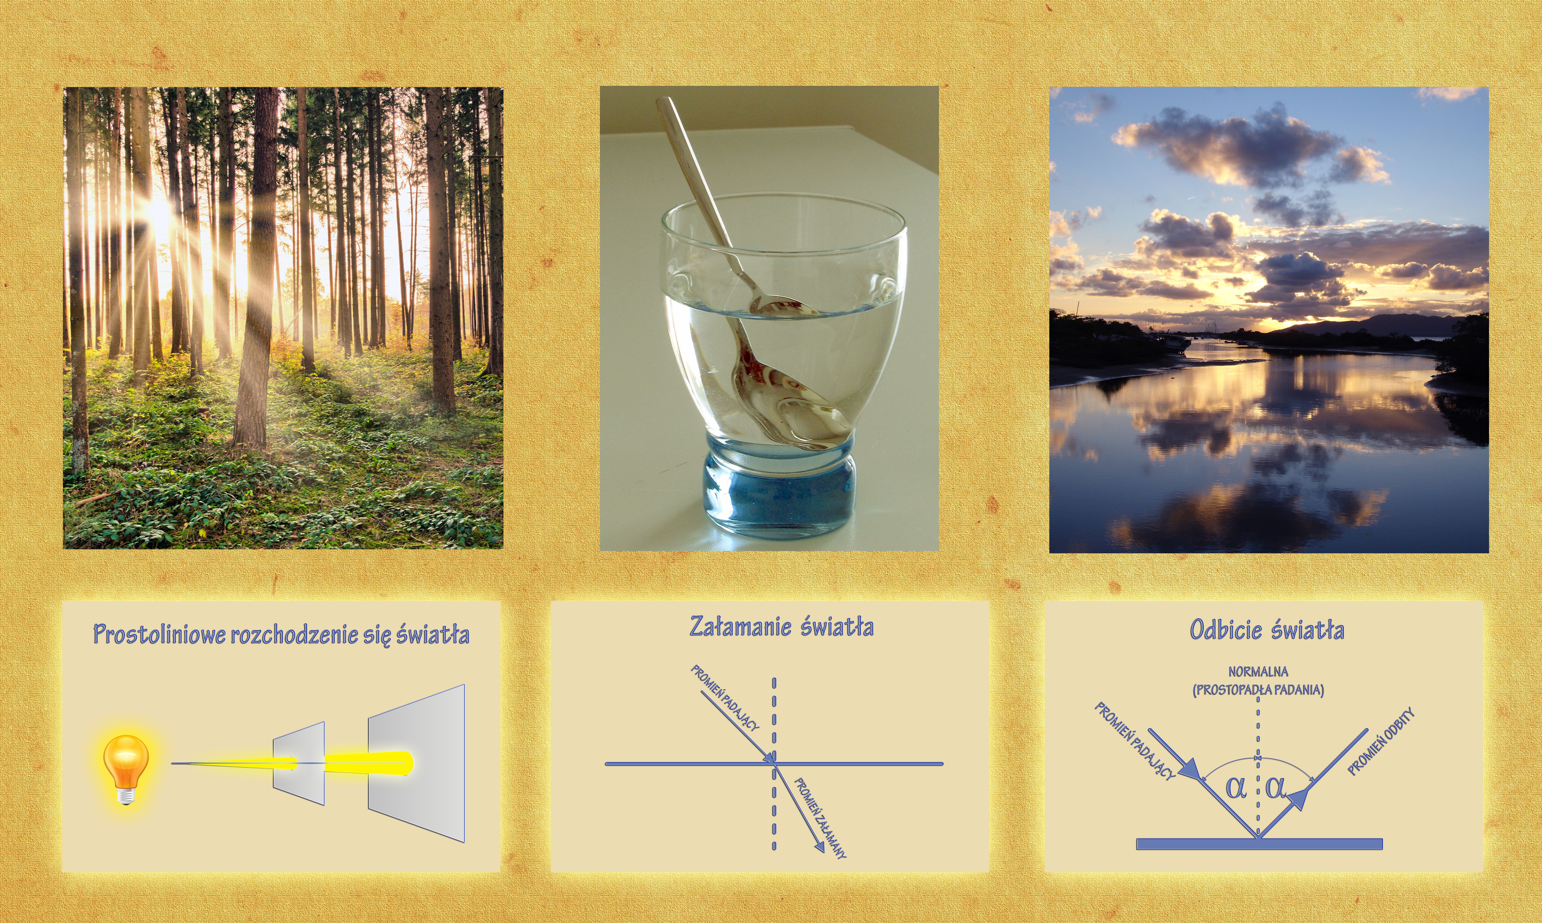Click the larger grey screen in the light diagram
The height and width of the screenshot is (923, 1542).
click(416, 763)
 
